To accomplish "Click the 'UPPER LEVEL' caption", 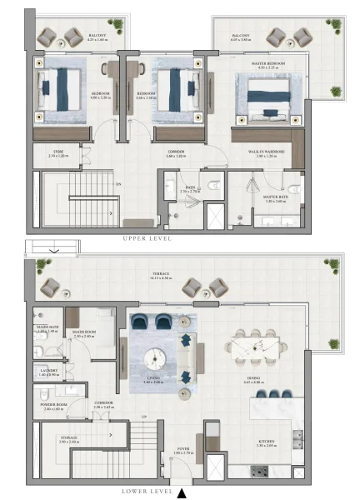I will coord(147,238).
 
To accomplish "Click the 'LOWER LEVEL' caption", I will coord(147,492).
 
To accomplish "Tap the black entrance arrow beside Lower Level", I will coord(181,492).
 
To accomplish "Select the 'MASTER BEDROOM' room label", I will coord(269,63).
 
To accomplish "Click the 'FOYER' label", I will coord(182,449).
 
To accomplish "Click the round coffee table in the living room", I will coord(156,357).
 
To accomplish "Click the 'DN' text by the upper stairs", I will coord(118,183).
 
